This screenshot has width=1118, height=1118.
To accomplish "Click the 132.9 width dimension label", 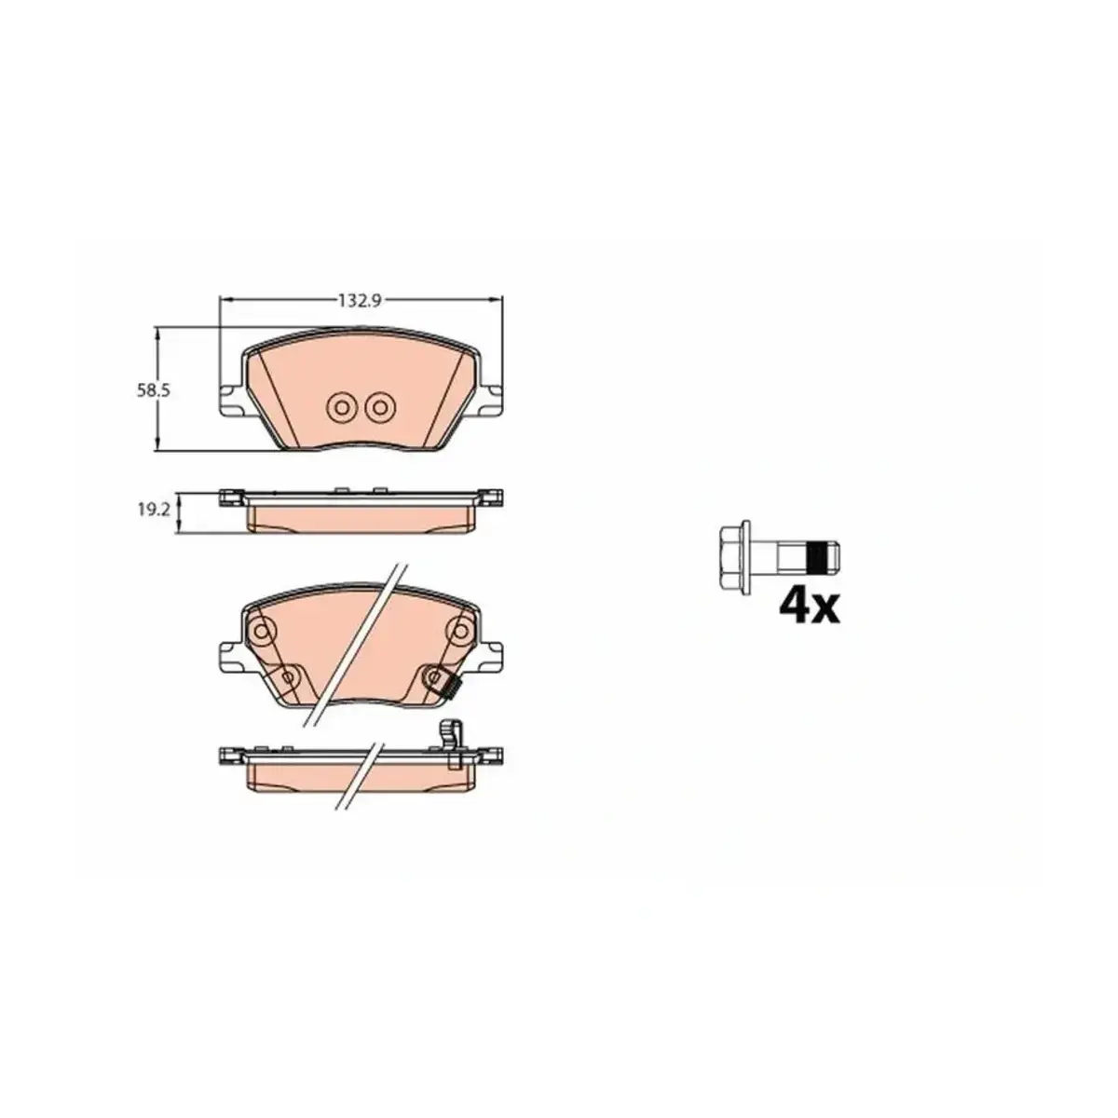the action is [360, 301].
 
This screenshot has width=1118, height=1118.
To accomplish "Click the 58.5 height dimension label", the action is [153, 390].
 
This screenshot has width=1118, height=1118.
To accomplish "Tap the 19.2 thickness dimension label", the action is [153, 510].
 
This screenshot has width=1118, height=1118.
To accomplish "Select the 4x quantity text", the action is [810, 607].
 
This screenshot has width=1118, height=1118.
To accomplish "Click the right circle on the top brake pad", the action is [380, 408].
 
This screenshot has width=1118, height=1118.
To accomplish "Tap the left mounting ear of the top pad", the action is [232, 401].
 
